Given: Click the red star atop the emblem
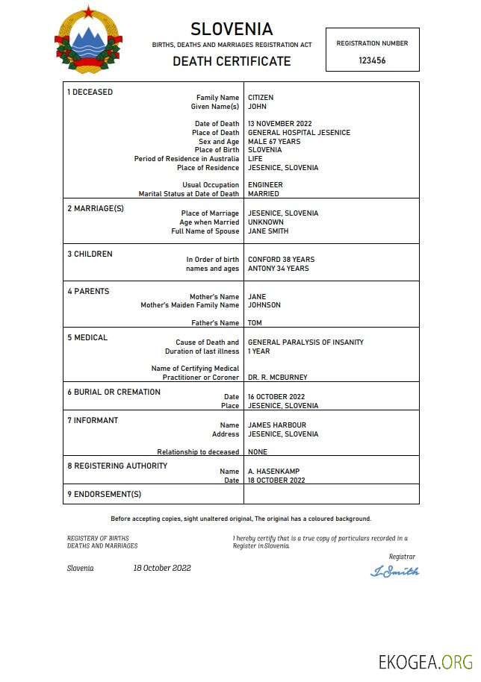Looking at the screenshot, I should (88, 11).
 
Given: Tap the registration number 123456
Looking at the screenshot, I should (372, 61).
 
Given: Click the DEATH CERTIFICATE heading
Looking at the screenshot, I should (232, 61).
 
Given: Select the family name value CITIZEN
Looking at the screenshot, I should (261, 98).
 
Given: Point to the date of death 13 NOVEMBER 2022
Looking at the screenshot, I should (279, 124).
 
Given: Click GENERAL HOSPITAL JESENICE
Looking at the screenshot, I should (299, 133).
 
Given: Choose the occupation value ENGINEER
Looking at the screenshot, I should (265, 185).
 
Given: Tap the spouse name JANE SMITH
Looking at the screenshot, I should (268, 231).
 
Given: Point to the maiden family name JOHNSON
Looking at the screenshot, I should (264, 305).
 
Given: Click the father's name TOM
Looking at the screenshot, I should (255, 323).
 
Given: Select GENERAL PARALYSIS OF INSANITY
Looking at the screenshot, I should (305, 342).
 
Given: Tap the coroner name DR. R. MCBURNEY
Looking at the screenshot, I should (277, 378).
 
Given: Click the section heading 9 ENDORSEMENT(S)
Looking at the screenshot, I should (104, 494).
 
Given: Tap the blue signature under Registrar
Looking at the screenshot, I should (394, 572).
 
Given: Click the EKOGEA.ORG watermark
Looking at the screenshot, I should (426, 662).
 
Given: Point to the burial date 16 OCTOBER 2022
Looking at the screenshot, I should (276, 397).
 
